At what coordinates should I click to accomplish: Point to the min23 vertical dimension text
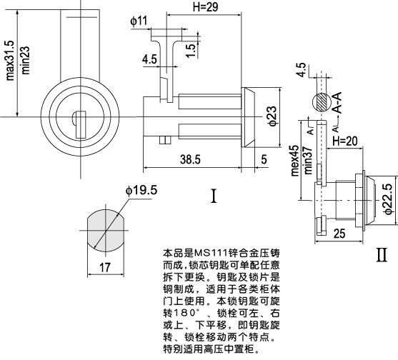[x=25, y=60]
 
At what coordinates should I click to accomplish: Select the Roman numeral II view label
[x=382, y=254]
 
